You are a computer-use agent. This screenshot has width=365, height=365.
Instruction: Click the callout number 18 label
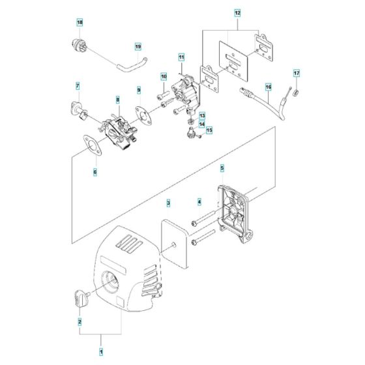80,23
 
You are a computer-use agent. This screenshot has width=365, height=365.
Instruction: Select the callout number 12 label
237,12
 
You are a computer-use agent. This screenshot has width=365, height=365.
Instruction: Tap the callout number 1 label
102,352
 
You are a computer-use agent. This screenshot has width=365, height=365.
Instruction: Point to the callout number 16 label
267,86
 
